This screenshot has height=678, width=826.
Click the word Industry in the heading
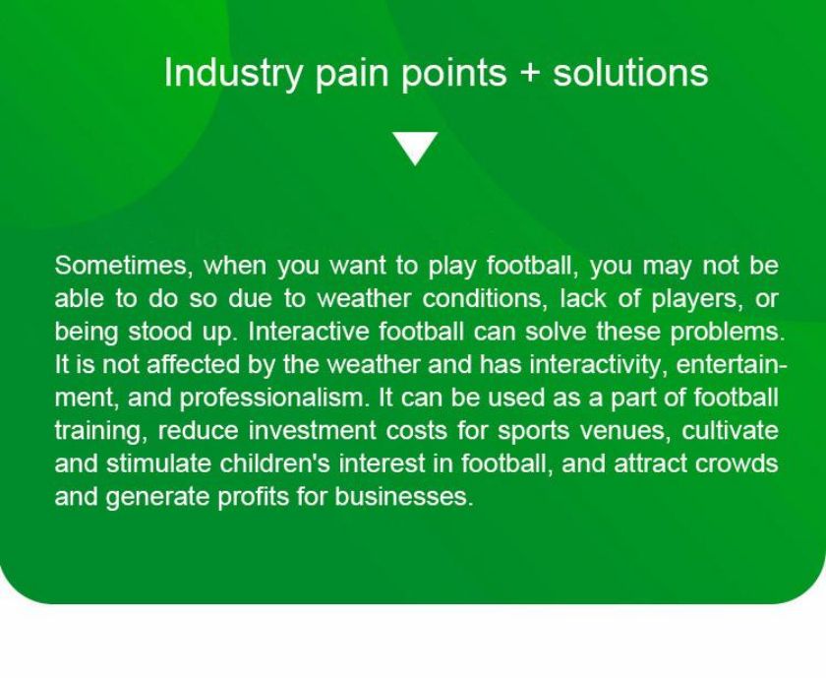click(233, 73)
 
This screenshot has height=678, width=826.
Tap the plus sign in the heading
click(529, 73)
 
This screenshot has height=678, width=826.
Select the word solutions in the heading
click(630, 72)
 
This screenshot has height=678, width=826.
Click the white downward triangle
click(415, 149)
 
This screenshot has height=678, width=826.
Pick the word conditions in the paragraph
click(482, 299)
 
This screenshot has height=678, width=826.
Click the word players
click(697, 300)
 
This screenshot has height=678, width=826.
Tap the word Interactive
click(309, 332)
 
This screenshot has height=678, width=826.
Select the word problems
click(727, 333)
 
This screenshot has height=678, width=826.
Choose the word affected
click(193, 365)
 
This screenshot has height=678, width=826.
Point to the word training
click(101, 432)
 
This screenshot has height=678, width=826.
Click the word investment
click(312, 431)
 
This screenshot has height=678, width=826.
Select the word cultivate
click(730, 431)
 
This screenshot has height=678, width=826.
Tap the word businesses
click(403, 497)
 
